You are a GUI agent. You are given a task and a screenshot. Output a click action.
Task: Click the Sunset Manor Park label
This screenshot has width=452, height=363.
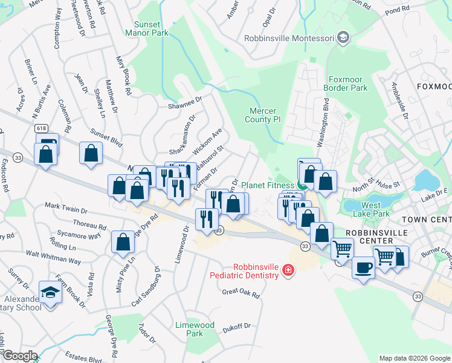click(147, 28)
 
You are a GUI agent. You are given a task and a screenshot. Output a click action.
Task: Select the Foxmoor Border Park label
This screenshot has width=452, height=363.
click(347, 83)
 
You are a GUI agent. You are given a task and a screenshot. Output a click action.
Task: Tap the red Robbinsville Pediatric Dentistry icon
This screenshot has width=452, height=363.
click(288, 270)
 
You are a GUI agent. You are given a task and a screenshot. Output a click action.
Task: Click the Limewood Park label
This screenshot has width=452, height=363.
click(195, 329)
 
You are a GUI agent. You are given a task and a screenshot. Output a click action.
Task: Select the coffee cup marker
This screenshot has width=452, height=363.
click(363, 267)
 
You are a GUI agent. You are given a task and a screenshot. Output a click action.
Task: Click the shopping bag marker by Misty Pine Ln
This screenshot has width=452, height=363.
click(123, 243)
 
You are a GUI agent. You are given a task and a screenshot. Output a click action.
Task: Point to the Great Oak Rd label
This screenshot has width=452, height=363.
click(241, 294)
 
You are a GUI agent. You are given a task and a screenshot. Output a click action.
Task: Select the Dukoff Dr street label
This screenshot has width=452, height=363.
click(236, 327)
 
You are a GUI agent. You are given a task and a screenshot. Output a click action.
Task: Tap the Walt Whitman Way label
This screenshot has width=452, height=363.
click(58, 260)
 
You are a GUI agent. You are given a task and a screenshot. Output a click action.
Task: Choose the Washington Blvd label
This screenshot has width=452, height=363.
click(324, 121)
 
